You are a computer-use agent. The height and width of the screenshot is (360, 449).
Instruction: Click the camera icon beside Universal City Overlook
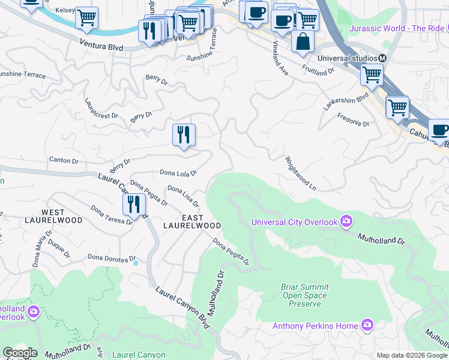click(346, 222)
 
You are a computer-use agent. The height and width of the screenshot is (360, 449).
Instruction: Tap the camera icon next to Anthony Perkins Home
click(367, 326)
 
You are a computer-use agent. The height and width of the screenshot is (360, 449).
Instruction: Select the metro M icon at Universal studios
click(381, 58)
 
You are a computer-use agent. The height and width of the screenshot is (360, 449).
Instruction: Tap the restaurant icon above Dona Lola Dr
click(184, 134)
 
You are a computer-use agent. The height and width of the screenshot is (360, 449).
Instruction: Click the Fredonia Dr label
click(354, 119)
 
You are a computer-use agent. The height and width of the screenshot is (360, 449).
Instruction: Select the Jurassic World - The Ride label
click(398, 28)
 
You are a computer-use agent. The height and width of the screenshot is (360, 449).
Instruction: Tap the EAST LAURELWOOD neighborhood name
click(192, 221)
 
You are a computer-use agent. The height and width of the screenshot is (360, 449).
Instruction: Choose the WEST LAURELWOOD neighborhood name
click(61, 217)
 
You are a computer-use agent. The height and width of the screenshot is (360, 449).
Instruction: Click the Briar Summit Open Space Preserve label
click(304, 295)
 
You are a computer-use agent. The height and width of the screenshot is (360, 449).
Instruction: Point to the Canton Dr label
click(63, 161)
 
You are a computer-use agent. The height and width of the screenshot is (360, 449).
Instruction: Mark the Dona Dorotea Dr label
click(108, 257)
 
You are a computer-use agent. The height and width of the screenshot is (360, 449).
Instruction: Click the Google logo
click(20, 353)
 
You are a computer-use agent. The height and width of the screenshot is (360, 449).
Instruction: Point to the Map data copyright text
click(412, 355)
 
